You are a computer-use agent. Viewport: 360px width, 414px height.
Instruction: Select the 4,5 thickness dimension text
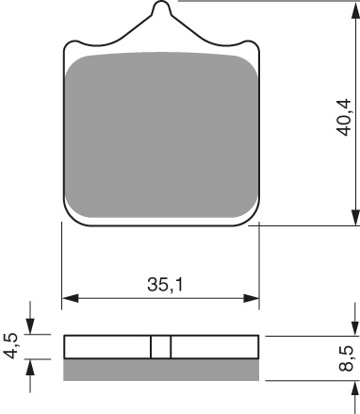10,346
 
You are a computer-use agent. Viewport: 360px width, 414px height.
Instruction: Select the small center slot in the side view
161,347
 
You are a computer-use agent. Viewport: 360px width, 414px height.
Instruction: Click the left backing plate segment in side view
106,347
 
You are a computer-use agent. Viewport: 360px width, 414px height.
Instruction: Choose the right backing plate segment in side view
215,347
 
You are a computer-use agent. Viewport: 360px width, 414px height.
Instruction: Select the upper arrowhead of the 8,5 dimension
355,329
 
